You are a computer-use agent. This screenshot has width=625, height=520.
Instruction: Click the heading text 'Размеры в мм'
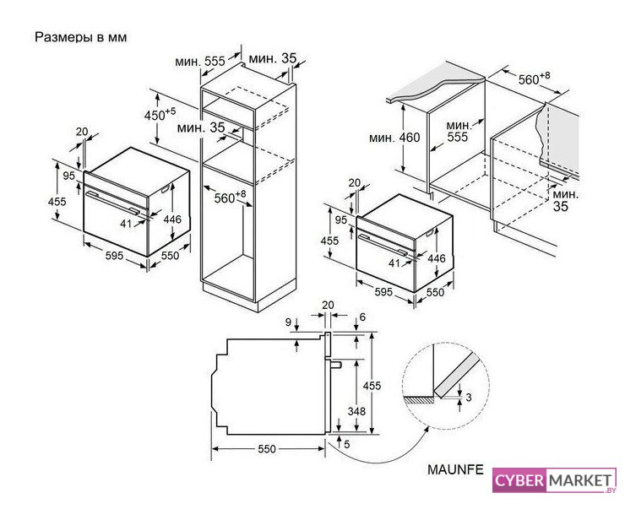pyautogui.click(x=81, y=37)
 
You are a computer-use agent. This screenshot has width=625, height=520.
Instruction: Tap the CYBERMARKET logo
pyautogui.click(x=554, y=480)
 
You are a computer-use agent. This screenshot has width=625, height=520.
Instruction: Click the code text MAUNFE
pyautogui.click(x=455, y=469)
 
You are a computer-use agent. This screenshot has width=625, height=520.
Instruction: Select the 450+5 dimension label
pyautogui.click(x=160, y=114)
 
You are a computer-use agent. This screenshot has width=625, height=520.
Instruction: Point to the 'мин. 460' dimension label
pyautogui.click(x=394, y=138)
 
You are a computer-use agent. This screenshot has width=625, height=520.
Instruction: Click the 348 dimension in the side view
pyautogui.click(x=356, y=411)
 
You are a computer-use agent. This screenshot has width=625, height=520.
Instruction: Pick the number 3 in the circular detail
pyautogui.click(x=469, y=398)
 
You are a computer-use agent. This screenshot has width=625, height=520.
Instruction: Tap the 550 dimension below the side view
pyautogui.click(x=267, y=449)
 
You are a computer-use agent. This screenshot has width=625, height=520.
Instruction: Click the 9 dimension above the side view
pyautogui.click(x=289, y=322)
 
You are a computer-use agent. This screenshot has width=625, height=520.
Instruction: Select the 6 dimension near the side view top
pyautogui.click(x=362, y=317)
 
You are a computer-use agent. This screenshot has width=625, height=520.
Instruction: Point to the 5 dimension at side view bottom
pyautogui.click(x=346, y=444)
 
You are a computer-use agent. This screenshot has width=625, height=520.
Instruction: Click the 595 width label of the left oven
pyautogui.click(x=114, y=256)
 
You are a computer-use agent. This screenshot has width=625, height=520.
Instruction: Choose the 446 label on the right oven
pyautogui.click(x=437, y=258)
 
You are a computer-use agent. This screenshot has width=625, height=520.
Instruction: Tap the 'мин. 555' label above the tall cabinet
pyautogui.click(x=200, y=62)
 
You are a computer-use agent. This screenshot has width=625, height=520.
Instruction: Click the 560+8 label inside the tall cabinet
pyautogui.click(x=231, y=197)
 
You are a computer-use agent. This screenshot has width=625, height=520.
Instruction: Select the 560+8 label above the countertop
pyautogui.click(x=534, y=79)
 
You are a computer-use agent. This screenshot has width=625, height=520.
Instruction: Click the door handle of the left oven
pyautogui.click(x=113, y=203)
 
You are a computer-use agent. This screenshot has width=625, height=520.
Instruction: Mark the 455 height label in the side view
pyautogui.click(x=372, y=385)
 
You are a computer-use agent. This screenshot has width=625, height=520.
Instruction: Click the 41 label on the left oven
pyautogui.click(x=126, y=224)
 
